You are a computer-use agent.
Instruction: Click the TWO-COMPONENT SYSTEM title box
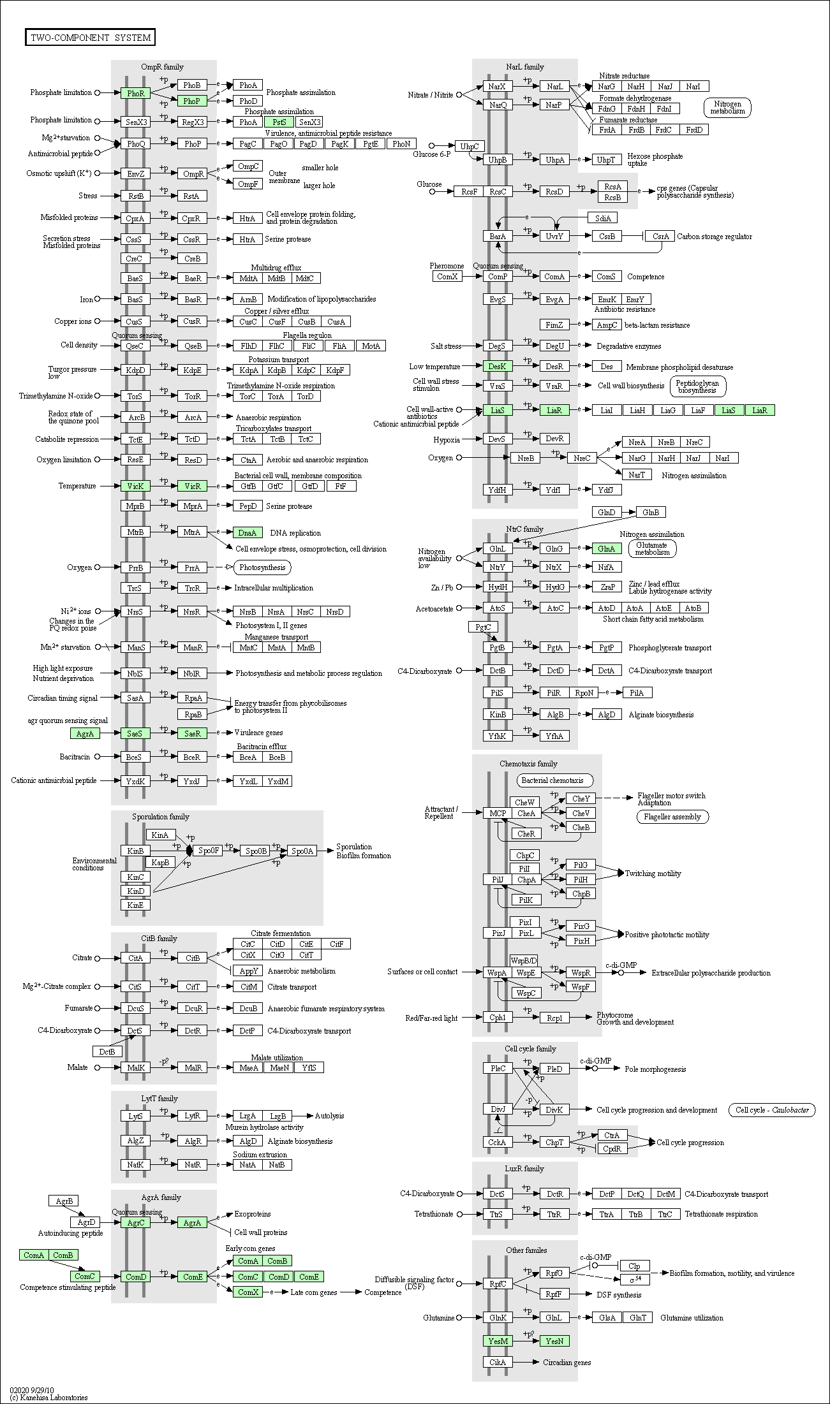point(90,38)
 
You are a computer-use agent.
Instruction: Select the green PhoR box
point(136,93)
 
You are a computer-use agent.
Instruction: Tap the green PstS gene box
point(279,122)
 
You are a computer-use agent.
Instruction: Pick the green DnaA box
point(248,532)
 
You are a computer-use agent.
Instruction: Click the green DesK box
point(497,366)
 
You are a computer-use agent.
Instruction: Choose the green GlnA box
point(606,548)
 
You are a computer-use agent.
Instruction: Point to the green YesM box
point(498,1341)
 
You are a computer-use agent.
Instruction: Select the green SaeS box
point(135,733)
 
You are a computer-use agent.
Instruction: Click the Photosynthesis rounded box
point(262,567)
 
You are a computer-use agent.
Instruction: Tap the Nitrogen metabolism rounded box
point(728,107)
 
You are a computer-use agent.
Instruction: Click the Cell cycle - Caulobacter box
point(772,1110)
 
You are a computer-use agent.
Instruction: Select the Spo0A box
point(302,851)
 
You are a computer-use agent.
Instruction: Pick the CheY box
point(581,798)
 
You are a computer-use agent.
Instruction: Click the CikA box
point(498,1362)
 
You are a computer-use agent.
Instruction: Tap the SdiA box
point(603,218)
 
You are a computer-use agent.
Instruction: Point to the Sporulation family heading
point(161,817)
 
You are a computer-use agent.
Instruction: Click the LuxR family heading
point(524,1169)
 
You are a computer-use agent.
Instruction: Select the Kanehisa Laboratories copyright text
point(48,1398)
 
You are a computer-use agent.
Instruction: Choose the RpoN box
point(584,692)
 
